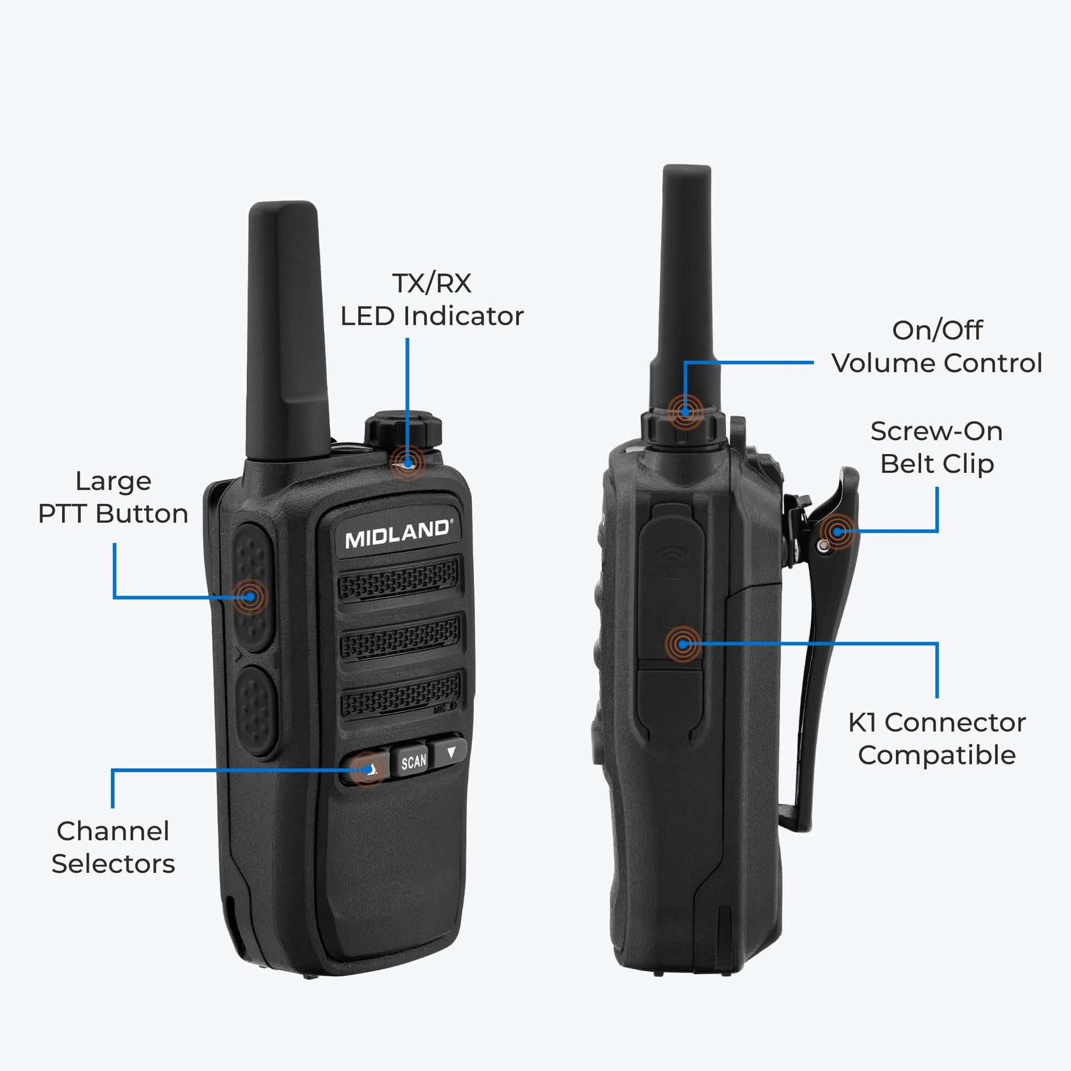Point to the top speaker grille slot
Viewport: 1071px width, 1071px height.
coord(398,579)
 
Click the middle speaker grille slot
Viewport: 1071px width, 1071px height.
coord(400,637)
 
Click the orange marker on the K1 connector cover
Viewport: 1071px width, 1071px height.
coord(683,644)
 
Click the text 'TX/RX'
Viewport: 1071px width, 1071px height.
coord(432,283)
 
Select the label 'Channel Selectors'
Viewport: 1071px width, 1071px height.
coord(113,848)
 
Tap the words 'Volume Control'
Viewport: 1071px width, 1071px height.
coord(937,364)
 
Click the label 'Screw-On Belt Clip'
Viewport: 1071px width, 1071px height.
coord(937,447)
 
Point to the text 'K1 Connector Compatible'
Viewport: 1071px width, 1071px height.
coord(937,739)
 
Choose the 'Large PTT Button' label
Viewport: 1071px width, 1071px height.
coord(113,498)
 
